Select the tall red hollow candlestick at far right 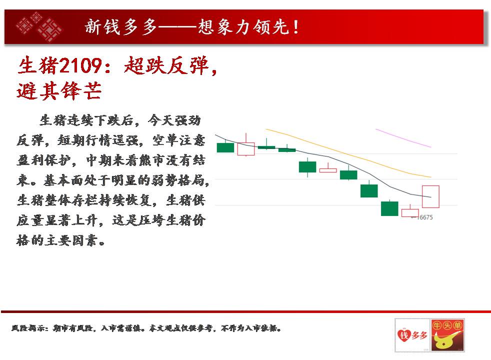pos(430,196)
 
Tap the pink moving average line pos(403,137)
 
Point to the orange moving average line pos(348,153)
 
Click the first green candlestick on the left pos(225,147)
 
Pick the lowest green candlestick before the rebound pos(389,208)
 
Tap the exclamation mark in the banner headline pos(295,27)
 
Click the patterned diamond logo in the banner pos(39,26)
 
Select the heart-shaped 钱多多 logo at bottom pos(412,335)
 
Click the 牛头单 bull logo pos(447,335)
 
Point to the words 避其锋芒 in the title pos(59,91)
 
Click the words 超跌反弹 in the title pos(166,65)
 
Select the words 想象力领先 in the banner pos(243,27)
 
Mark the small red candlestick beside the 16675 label pos(410,211)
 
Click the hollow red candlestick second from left pos(246,148)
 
